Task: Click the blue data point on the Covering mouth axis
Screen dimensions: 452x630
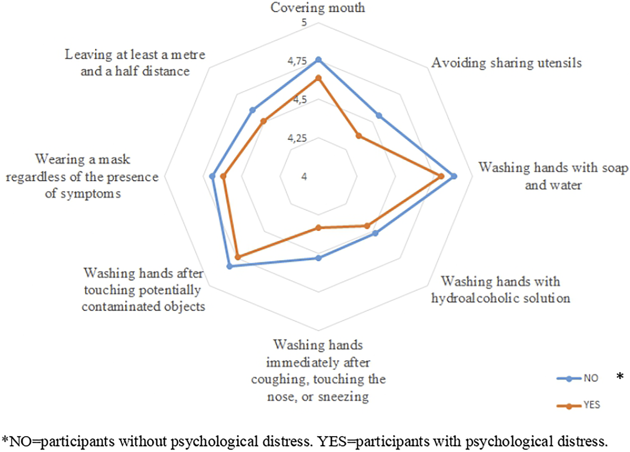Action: [318, 60]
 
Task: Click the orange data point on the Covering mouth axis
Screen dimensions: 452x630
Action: [318, 78]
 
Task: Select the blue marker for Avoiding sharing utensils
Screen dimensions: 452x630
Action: [379, 116]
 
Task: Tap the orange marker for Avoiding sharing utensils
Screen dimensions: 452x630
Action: [359, 136]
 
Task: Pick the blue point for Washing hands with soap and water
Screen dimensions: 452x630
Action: [454, 176]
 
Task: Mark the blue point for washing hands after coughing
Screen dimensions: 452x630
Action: [318, 258]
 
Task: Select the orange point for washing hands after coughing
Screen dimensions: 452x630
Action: [318, 228]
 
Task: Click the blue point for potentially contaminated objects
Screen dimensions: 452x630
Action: [229, 266]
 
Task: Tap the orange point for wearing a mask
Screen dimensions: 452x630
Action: [222, 176]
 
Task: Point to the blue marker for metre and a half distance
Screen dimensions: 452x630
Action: [252, 110]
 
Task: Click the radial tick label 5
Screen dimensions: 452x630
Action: [304, 22]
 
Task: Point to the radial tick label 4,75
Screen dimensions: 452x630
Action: [297, 61]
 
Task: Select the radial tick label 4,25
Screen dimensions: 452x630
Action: [297, 138]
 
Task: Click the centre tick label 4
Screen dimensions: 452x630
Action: [304, 177]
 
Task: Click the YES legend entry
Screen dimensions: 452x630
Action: [578, 405]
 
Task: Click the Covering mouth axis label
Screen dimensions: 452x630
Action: [318, 8]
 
